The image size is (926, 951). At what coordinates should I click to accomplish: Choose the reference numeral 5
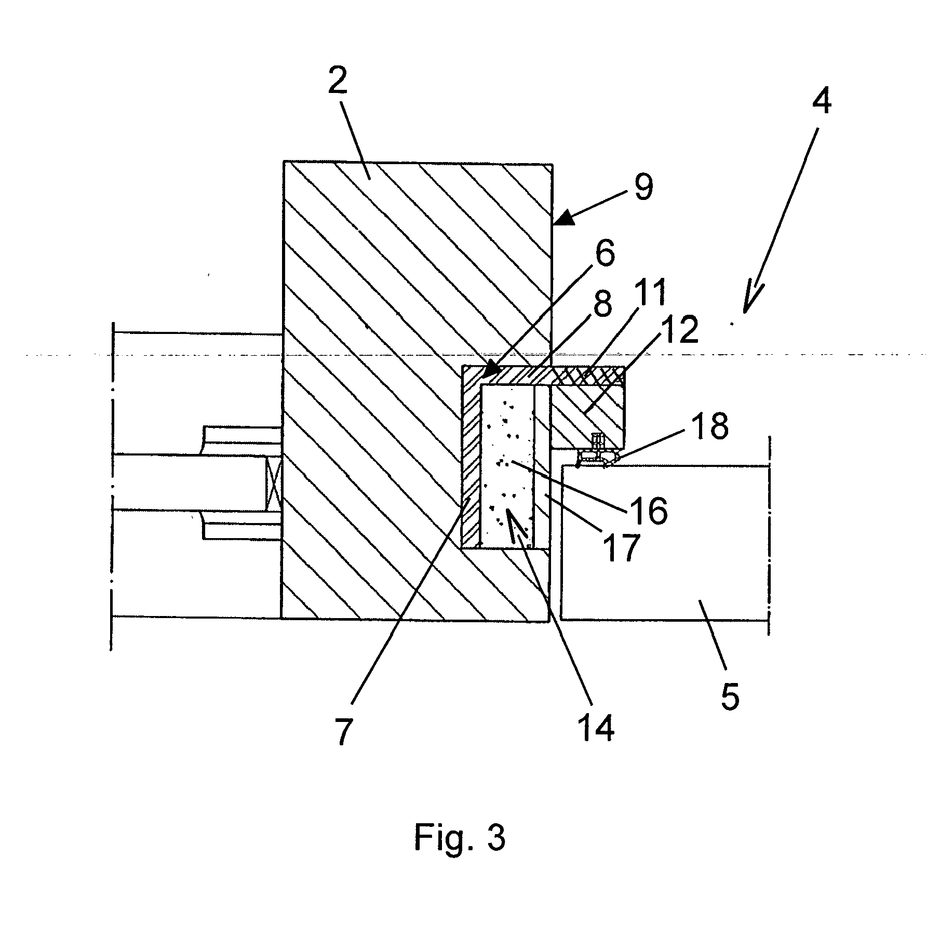click(x=730, y=696)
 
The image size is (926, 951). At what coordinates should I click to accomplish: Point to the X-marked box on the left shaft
click(x=273, y=483)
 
